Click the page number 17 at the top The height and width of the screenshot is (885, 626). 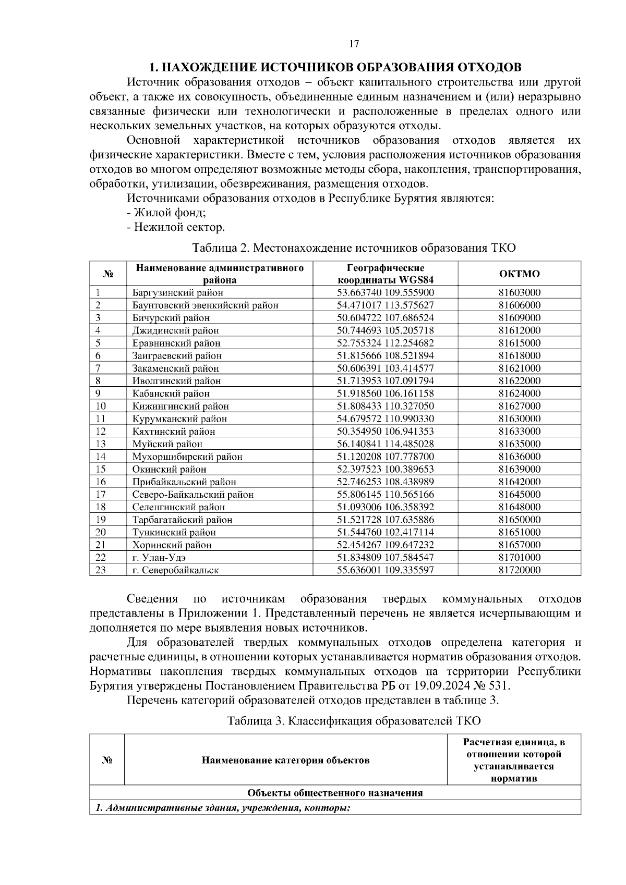click(x=354, y=44)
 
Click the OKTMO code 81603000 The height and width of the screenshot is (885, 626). click(x=519, y=292)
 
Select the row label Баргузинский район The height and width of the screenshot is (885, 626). click(x=177, y=292)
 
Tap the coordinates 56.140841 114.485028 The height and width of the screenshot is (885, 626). click(x=386, y=444)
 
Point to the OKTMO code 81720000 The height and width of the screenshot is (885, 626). click(x=519, y=570)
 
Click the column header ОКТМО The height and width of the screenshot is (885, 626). click(x=519, y=274)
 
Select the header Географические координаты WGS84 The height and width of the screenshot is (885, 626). click(x=386, y=274)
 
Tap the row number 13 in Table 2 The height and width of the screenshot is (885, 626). click(x=101, y=444)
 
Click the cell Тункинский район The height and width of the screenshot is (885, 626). click(x=174, y=532)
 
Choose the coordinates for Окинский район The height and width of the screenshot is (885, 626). click(x=386, y=469)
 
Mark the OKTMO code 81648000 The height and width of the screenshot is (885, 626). click(x=519, y=507)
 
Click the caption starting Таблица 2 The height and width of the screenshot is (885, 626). click(x=354, y=248)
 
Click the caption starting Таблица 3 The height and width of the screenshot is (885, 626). click(x=354, y=721)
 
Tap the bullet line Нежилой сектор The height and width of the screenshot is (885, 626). click(x=176, y=227)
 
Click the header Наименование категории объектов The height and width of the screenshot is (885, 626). click(x=286, y=760)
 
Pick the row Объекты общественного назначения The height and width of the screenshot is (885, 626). click(x=335, y=793)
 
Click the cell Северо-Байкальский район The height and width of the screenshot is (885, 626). click(x=192, y=495)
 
